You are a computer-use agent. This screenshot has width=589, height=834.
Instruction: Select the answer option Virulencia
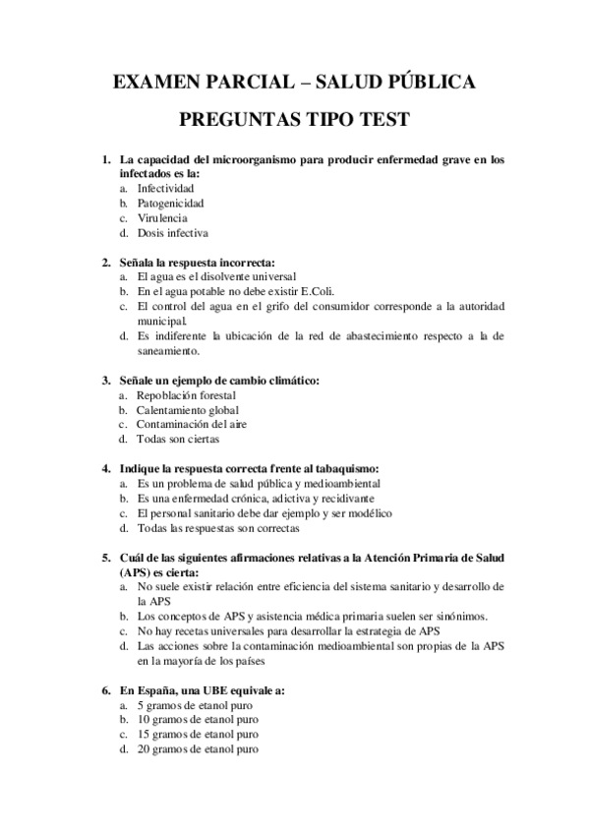pos(163,217)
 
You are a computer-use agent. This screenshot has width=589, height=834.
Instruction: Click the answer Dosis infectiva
pos(173,233)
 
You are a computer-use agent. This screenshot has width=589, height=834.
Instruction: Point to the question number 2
pos(105,263)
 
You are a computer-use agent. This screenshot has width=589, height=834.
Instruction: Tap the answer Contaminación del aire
pos(193,424)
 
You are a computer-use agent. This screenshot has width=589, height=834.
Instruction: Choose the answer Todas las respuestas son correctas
pos(219,528)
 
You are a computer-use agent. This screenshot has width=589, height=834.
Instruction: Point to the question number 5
pos(105,558)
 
